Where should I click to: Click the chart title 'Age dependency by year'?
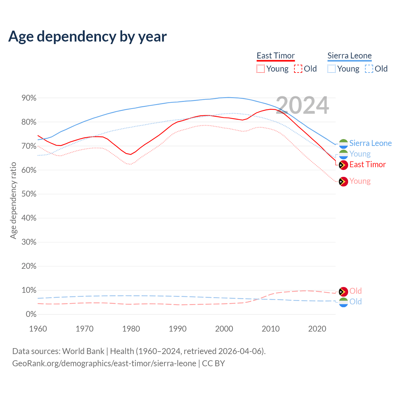pyautogui.click(x=87, y=36)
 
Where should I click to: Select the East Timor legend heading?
pyautogui.click(x=276, y=56)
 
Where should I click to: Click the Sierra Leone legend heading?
pyautogui.click(x=349, y=56)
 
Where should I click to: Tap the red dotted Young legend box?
pyautogui.click(x=261, y=69)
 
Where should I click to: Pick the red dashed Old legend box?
pyautogui.click(x=298, y=69)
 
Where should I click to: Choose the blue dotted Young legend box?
pyautogui.click(x=332, y=69)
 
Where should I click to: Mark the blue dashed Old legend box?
pyautogui.click(x=369, y=69)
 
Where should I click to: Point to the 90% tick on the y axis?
pyautogui.click(x=29, y=98)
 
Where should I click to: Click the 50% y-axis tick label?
pyautogui.click(x=29, y=194)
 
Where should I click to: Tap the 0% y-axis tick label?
pyautogui.click(x=31, y=314)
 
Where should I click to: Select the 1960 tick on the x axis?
pyautogui.click(x=38, y=329)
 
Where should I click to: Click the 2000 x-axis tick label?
pyautogui.click(x=224, y=329)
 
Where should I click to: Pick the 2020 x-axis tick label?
pyautogui.click(x=317, y=329)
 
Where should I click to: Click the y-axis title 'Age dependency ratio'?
pyautogui.click(x=13, y=200)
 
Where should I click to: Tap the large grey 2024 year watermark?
pyautogui.click(x=302, y=105)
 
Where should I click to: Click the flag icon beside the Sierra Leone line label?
pyautogui.click(x=343, y=144)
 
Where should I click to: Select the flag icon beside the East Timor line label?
pyautogui.click(x=343, y=165)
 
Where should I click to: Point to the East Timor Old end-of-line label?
pyautogui.click(x=355, y=291)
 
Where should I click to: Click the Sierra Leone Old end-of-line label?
pyautogui.click(x=355, y=302)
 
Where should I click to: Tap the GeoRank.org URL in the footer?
pyautogui.click(x=104, y=363)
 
